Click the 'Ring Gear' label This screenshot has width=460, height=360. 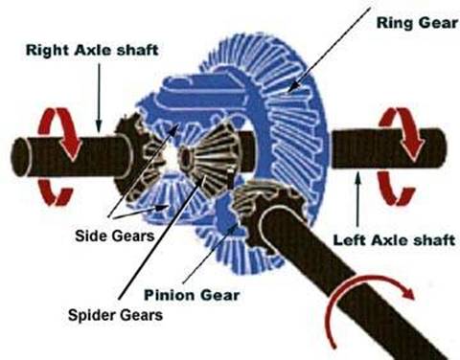click(417, 23)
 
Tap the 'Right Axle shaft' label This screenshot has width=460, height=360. click(92, 50)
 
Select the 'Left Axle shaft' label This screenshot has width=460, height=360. click(394, 240)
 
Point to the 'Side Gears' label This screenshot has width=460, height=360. click(115, 236)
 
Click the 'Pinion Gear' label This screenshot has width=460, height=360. click(192, 295)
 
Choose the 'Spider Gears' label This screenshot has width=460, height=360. click(115, 315)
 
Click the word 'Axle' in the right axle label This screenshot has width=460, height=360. click(93, 50)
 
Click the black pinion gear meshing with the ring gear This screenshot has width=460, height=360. click(266, 211)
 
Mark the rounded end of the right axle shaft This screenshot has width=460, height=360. click(20, 157)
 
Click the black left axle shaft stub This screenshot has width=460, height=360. click(388, 148)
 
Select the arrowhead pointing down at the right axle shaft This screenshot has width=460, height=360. click(99, 126)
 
